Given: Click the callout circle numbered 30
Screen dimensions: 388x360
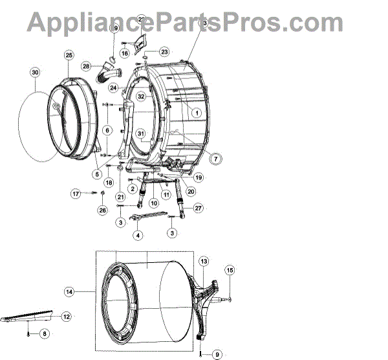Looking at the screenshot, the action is pos(35,73).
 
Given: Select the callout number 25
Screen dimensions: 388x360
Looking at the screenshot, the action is pos(69,56).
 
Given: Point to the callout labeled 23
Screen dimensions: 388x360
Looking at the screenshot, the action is pos(164,51).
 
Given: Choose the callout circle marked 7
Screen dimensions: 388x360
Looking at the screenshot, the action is pos(213,157).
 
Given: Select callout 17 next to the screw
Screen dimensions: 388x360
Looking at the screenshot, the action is pos(76,193).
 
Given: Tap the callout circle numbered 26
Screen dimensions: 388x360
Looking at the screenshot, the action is pos(102,210).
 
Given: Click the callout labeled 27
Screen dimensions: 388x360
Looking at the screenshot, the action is pos(199,208).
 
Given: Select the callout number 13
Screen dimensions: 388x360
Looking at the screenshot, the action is pos(204,261).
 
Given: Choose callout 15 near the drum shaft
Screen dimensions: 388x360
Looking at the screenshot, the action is pos(229,269).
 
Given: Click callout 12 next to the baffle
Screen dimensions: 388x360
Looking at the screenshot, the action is pos(66,317).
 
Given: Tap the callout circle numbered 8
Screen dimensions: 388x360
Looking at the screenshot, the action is pos(45,333).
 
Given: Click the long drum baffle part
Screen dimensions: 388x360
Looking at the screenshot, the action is pos(29,318).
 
